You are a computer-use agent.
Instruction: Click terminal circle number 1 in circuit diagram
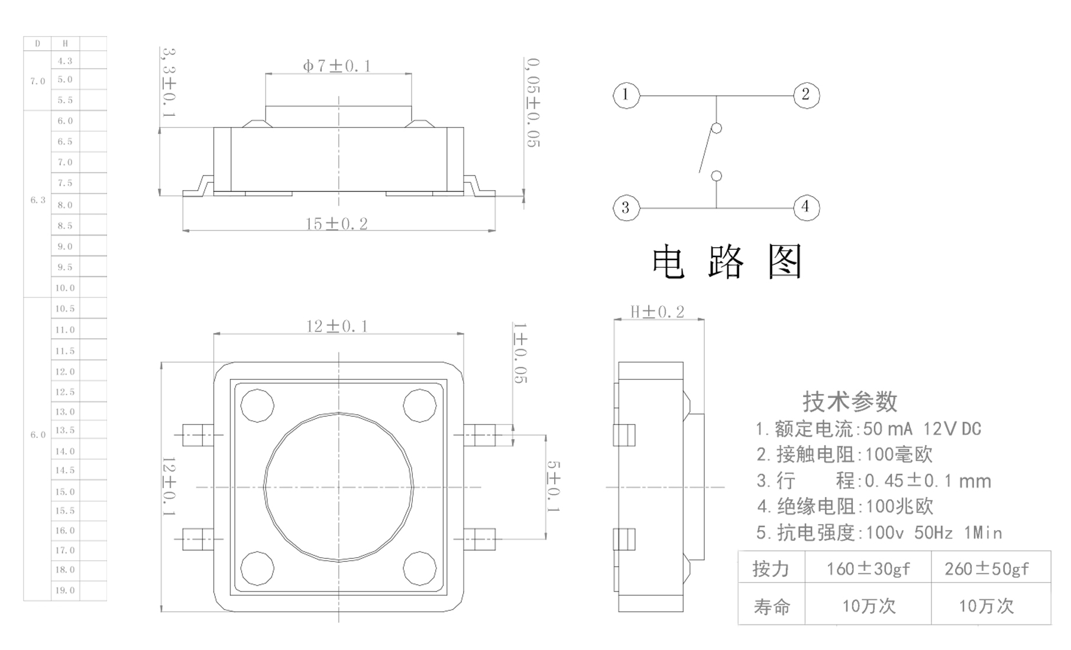(626, 95)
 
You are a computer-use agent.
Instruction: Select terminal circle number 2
(805, 95)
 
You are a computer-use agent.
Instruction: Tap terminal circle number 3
(626, 207)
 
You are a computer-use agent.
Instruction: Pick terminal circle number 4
(805, 207)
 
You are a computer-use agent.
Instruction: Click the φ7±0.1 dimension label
(337, 66)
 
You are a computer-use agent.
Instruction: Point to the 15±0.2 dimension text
(336, 224)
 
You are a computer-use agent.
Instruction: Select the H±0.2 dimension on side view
(658, 311)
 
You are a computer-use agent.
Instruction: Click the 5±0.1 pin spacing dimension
(554, 486)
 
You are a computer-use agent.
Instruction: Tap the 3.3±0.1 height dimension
(169, 83)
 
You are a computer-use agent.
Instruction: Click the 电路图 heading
(727, 262)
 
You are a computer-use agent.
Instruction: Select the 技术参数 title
(850, 402)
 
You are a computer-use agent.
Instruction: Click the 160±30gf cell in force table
(868, 569)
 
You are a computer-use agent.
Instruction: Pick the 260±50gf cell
(986, 569)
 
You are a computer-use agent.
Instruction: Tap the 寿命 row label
(771, 606)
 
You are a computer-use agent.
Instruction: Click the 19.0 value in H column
(65, 590)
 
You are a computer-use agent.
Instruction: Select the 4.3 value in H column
(65, 61)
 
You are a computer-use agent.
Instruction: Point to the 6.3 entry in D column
(38, 200)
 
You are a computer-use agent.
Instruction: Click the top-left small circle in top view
(257, 405)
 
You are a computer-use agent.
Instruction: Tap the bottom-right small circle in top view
(419, 568)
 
